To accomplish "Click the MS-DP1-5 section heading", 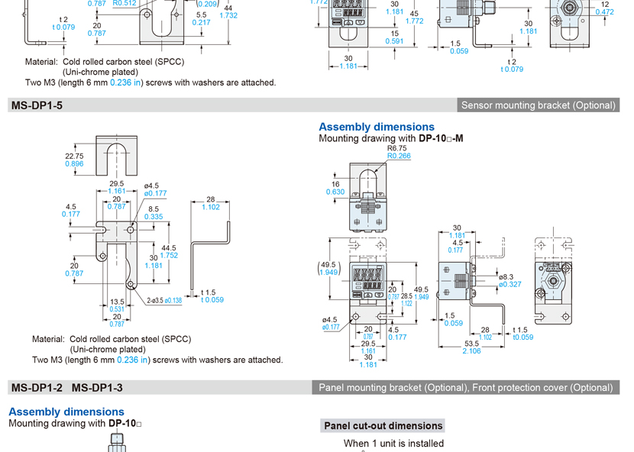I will click(36, 105).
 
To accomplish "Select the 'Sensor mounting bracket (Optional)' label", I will click(538, 105).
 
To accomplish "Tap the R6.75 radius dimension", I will click(398, 148).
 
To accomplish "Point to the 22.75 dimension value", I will click(74, 156).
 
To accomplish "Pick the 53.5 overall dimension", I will click(471, 343).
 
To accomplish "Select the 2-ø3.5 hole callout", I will click(155, 301).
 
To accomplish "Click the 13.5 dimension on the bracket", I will click(116, 302).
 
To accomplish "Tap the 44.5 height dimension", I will click(167, 248).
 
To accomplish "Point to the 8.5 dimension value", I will click(154, 208).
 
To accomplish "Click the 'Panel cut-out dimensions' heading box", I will click(383, 426).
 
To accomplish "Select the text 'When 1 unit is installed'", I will click(393, 443).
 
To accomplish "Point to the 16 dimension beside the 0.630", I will click(335, 184).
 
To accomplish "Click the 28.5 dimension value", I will click(406, 295).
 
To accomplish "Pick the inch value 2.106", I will click(471, 351).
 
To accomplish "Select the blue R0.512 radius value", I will click(125, 3).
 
